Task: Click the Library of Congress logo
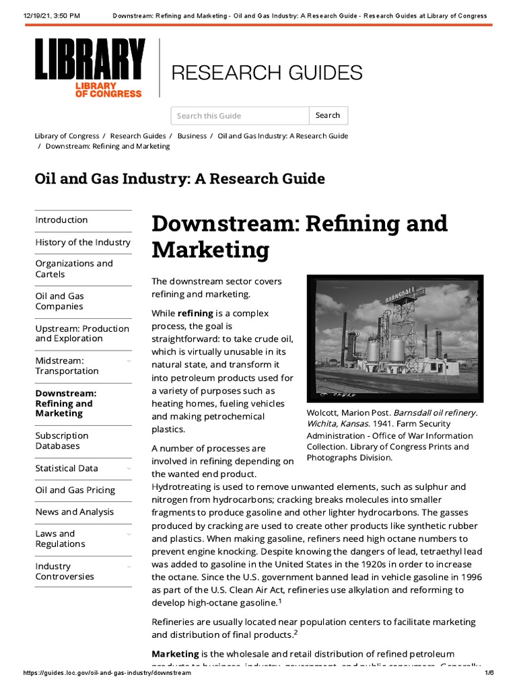click(x=90, y=68)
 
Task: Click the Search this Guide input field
click(x=240, y=116)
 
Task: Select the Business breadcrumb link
click(x=192, y=136)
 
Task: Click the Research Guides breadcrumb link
click(x=138, y=136)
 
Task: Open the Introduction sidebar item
click(x=61, y=220)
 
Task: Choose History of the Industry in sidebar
click(x=83, y=242)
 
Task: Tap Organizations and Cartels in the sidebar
click(x=74, y=269)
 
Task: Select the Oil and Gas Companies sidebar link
click(x=59, y=301)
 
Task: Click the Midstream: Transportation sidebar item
click(x=67, y=366)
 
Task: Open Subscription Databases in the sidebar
click(x=62, y=441)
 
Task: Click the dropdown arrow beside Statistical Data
click(x=128, y=469)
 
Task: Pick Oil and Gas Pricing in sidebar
click(x=75, y=491)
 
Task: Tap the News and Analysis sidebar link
click(x=75, y=512)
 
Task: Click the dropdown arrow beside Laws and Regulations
click(x=128, y=534)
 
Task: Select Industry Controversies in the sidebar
click(x=65, y=571)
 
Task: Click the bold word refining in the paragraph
click(x=195, y=314)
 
